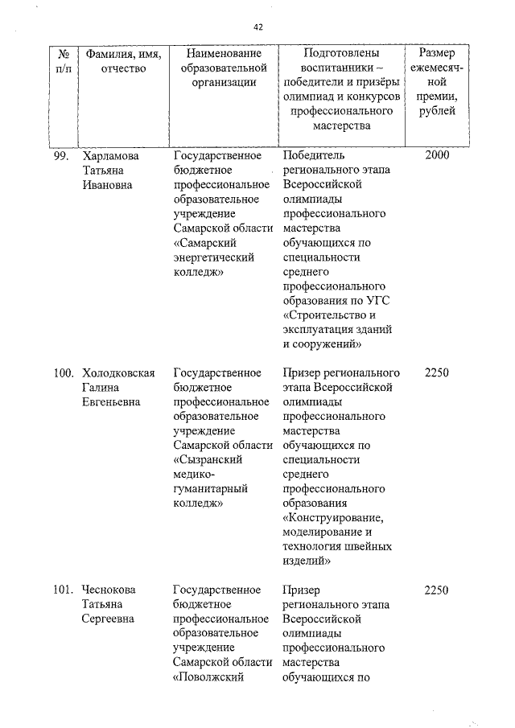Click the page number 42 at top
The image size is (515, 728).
[x=258, y=27]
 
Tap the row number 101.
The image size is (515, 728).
[x=64, y=590]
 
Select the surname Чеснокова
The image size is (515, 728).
[x=109, y=590]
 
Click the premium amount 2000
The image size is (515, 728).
[x=435, y=155]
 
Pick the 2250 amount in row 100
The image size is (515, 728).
[x=435, y=372]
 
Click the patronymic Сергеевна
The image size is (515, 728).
[x=108, y=619]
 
